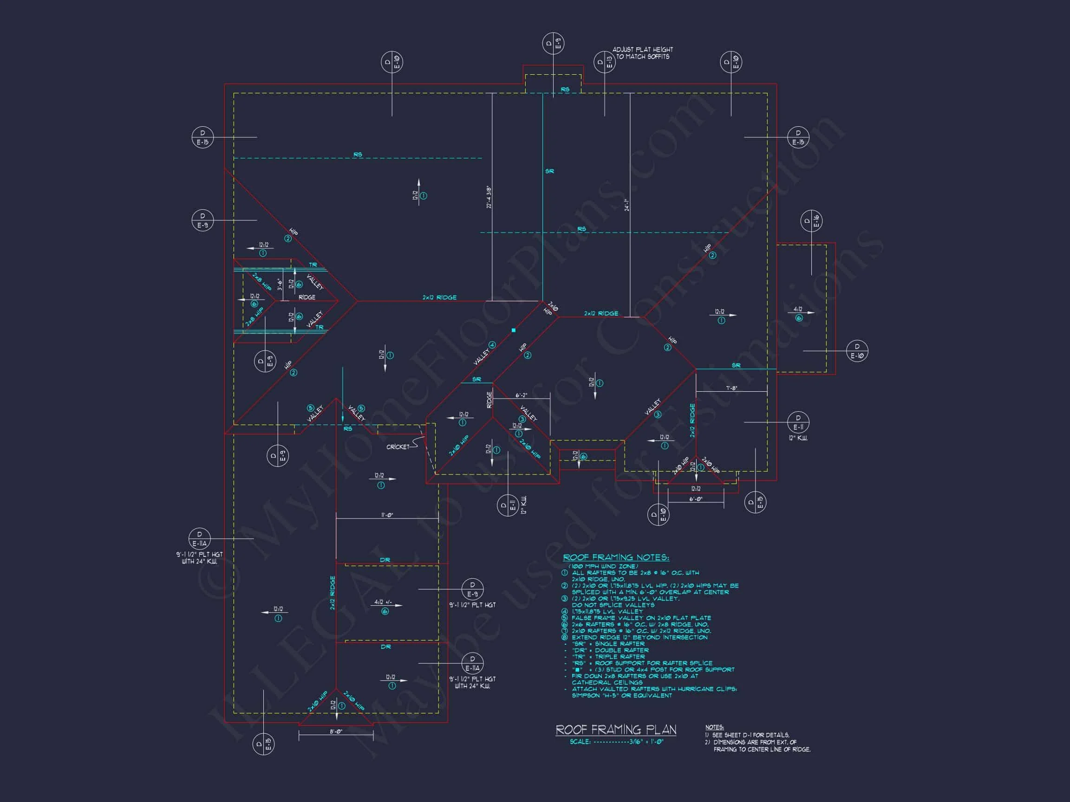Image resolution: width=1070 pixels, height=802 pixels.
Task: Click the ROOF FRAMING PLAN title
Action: click(615, 730)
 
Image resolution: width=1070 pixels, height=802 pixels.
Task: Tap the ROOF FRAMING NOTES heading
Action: click(616, 557)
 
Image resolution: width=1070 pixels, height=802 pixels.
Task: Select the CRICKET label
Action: click(398, 446)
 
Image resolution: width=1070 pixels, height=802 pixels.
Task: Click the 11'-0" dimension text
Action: click(387, 515)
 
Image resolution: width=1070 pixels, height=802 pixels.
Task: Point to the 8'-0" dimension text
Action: click(336, 731)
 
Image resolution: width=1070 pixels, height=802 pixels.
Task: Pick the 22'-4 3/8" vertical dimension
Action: click(489, 197)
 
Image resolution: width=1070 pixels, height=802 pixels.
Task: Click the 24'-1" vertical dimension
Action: click(627, 205)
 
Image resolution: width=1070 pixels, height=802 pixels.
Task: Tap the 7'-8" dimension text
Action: click(731, 388)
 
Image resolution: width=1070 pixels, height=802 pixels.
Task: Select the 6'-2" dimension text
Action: click(521, 395)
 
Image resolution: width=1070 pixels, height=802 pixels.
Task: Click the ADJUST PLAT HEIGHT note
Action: click(642, 53)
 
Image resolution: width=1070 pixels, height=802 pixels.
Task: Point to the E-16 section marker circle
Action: click(811, 221)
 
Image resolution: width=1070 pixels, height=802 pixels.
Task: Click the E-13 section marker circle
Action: click(604, 62)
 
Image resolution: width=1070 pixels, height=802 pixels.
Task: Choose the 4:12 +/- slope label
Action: click(383, 602)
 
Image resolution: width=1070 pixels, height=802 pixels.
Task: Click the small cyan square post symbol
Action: click(513, 330)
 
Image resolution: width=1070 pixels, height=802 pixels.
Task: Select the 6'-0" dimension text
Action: click(696, 498)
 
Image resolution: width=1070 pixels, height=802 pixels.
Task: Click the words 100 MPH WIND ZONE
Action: click(603, 566)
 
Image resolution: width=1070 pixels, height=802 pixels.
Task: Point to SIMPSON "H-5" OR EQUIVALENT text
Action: click(621, 695)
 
